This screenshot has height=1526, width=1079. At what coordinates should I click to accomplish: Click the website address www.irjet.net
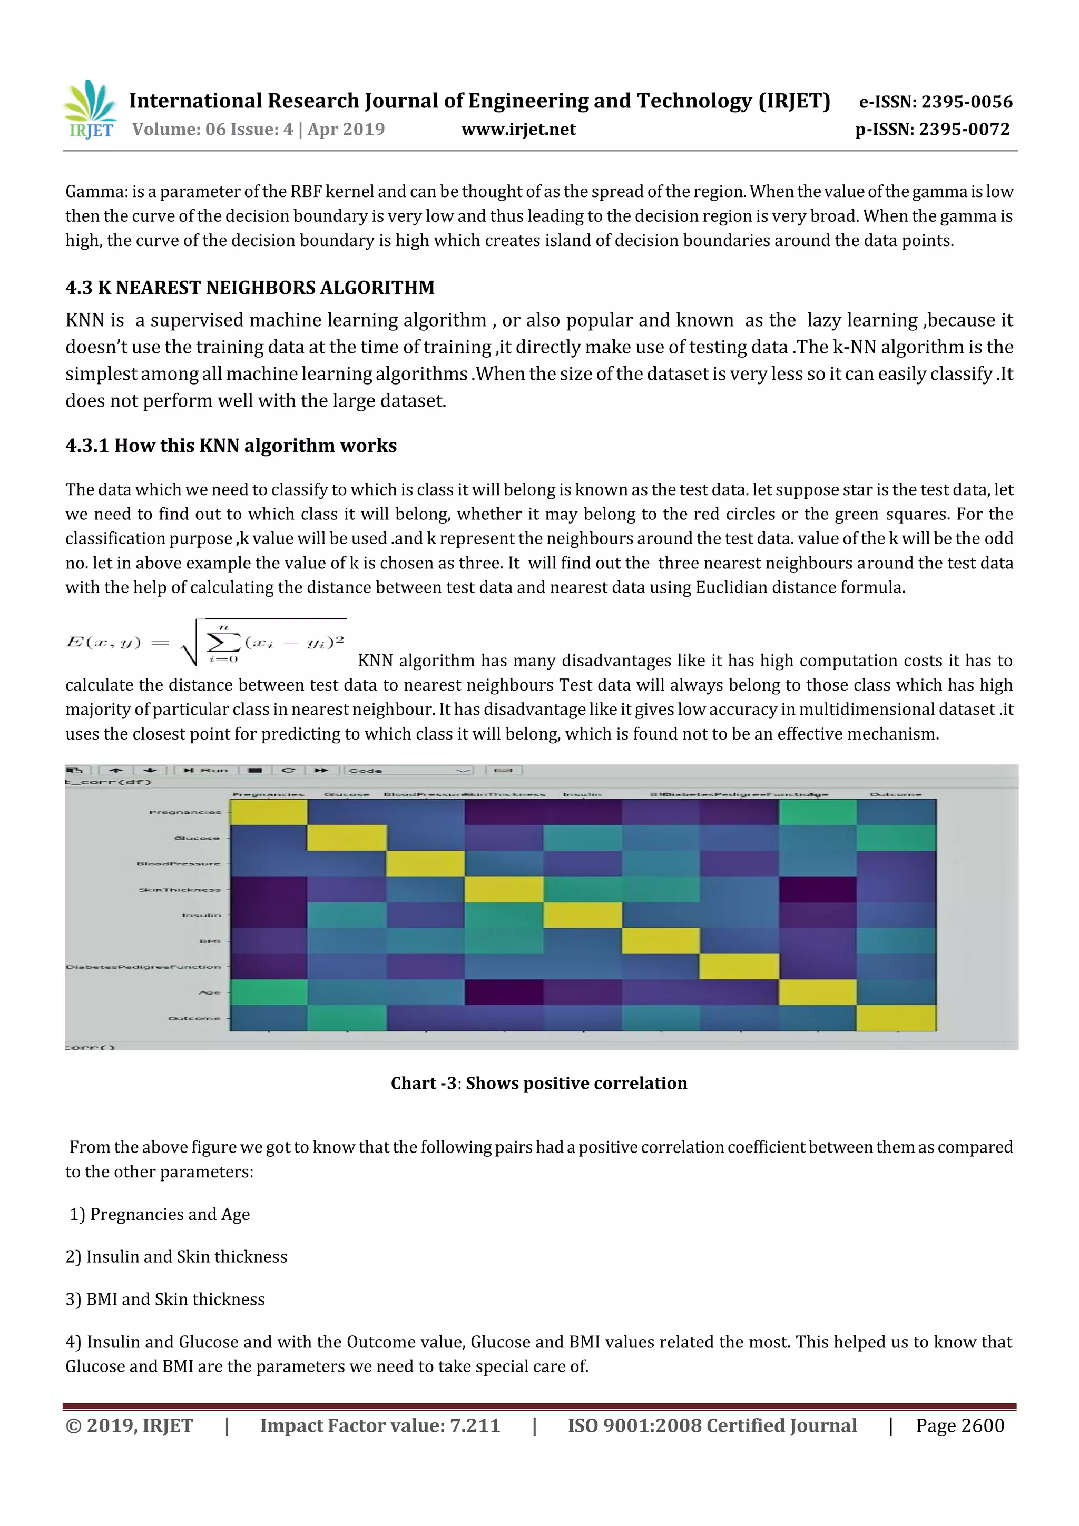click(518, 129)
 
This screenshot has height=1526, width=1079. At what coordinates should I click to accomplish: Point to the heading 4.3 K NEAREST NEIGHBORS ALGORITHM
click(250, 287)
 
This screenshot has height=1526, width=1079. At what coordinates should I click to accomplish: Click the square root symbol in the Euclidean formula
click(190, 643)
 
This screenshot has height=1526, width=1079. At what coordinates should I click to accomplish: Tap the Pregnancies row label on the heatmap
click(185, 812)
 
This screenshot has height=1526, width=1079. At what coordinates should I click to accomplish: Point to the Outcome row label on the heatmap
click(193, 1018)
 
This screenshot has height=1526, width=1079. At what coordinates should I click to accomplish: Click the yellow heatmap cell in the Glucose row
click(346, 838)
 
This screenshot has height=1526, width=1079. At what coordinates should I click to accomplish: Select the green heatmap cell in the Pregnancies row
click(817, 812)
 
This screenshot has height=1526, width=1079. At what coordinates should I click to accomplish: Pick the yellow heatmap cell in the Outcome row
click(896, 1018)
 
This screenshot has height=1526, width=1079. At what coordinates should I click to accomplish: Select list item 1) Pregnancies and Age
click(160, 1214)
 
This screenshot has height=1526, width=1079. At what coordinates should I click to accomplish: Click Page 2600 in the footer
click(959, 1425)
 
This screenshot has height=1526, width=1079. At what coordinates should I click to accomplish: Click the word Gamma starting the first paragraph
click(96, 191)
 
